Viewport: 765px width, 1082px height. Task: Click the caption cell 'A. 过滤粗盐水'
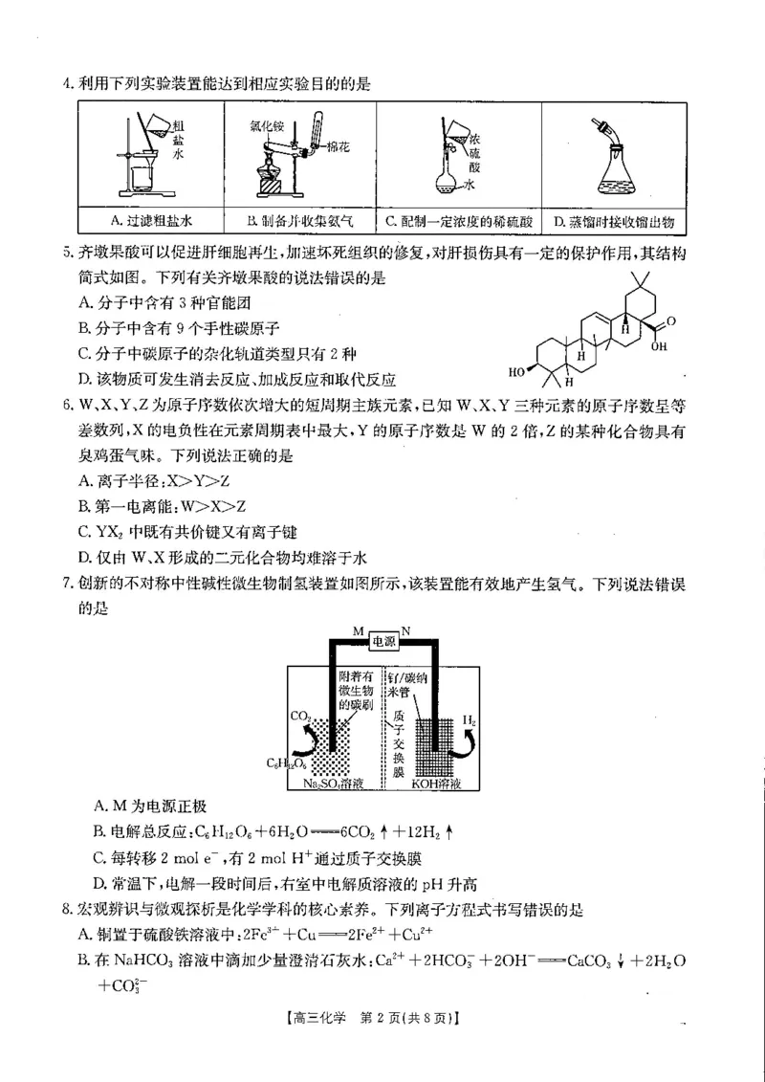pos(150,221)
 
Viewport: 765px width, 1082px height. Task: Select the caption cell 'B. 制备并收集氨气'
pos(300,221)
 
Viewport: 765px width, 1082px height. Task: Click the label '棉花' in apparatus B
pos(338,151)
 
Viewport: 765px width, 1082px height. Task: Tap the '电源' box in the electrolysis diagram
pos(382,642)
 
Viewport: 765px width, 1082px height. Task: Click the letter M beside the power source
pos(358,631)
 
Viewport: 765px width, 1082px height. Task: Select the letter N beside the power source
pos(406,631)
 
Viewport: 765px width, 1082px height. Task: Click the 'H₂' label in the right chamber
pos(470,718)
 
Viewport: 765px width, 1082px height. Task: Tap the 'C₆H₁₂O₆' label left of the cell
pos(284,762)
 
